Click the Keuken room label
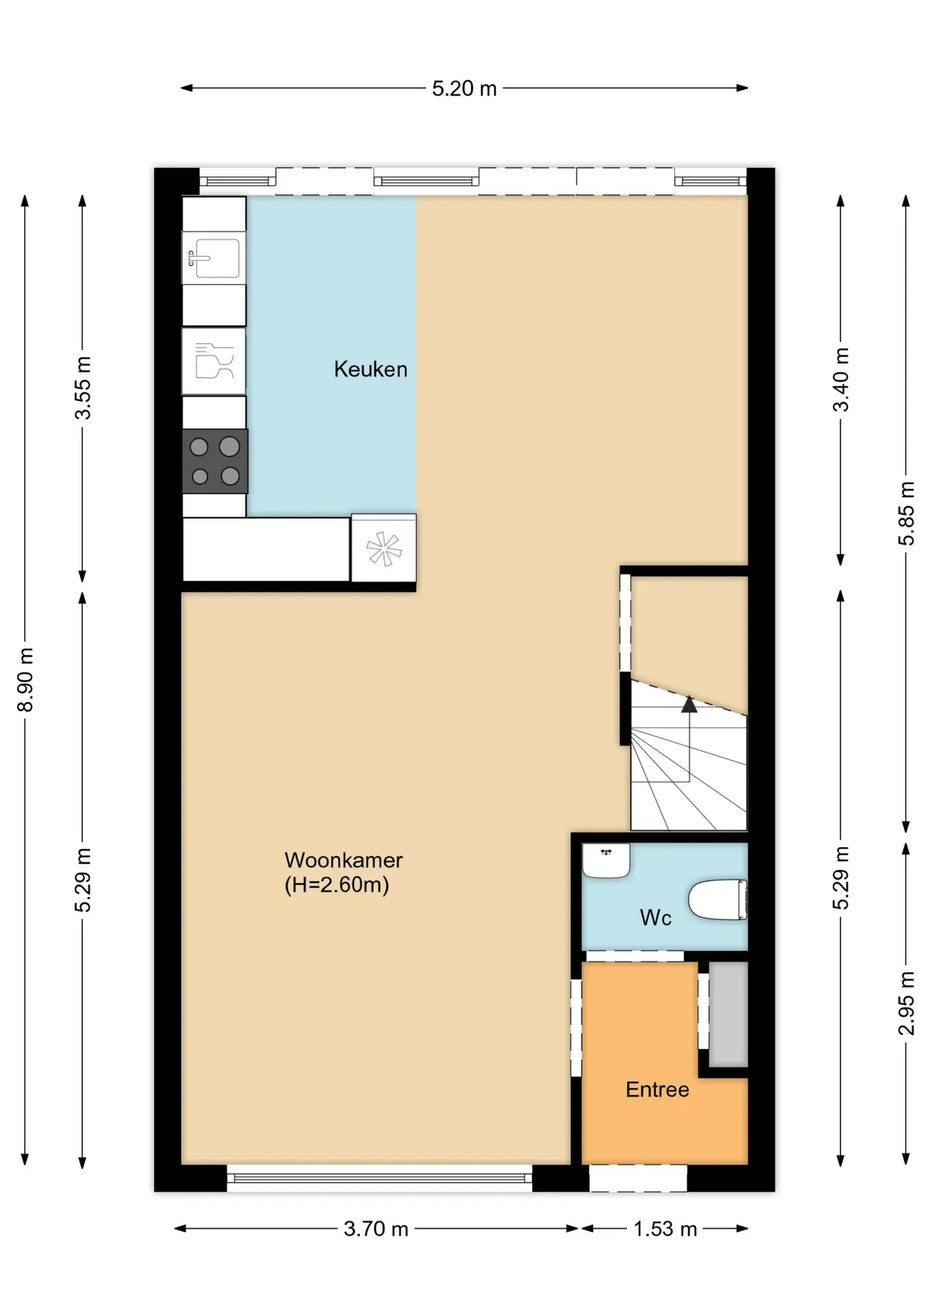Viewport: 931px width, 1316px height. click(x=370, y=369)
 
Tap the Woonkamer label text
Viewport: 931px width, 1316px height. click(x=343, y=860)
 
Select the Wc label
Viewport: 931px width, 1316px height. click(x=655, y=917)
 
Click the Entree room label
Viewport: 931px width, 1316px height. click(x=657, y=1089)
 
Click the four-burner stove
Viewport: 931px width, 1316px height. click(x=215, y=461)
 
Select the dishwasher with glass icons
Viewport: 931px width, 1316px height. click(x=214, y=361)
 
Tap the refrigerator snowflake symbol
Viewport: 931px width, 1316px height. click(x=383, y=549)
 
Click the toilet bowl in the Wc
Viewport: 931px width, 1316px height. click(x=717, y=899)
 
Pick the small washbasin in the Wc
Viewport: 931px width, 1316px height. click(x=606, y=860)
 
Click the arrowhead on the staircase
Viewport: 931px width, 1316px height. click(x=689, y=704)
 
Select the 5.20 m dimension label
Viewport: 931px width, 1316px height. click(x=464, y=88)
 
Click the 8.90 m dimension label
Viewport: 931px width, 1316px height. click(x=25, y=679)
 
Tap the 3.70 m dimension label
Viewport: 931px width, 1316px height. click(x=376, y=1228)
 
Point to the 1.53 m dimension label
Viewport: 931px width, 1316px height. click(x=665, y=1228)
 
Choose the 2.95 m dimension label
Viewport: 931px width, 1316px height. click(x=906, y=1003)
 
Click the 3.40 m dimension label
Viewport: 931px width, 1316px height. click(x=841, y=379)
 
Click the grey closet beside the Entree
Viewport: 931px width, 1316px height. click(x=728, y=1014)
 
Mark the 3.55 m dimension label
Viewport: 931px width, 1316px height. click(x=82, y=387)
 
